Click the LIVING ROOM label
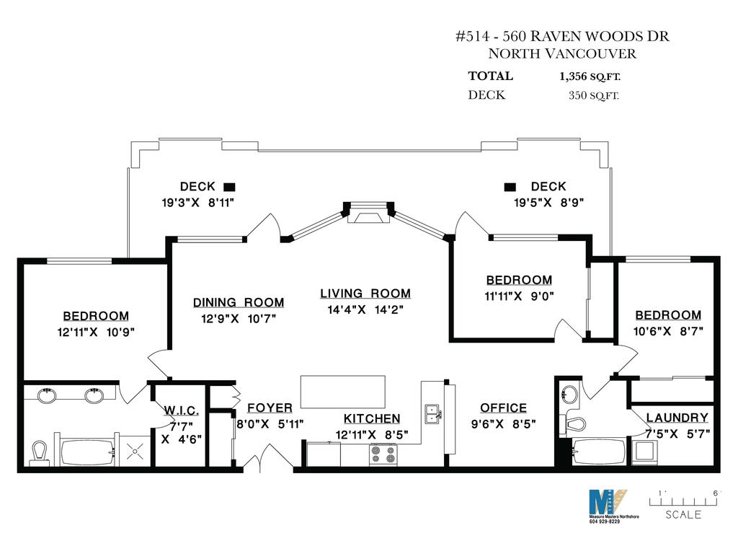365,294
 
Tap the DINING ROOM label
239,302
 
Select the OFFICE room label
503,408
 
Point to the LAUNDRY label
677,418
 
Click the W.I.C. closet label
181,410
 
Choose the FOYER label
270,408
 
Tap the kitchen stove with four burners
383,455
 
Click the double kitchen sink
433,414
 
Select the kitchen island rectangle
342,392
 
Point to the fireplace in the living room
368,214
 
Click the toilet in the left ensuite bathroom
39,453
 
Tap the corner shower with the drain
135,451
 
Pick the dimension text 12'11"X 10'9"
96,332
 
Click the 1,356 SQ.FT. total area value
590,76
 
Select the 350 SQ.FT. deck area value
594,96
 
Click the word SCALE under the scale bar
683,515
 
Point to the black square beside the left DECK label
229,187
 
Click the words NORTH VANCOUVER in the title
562,53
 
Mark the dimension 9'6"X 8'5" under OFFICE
504,424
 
